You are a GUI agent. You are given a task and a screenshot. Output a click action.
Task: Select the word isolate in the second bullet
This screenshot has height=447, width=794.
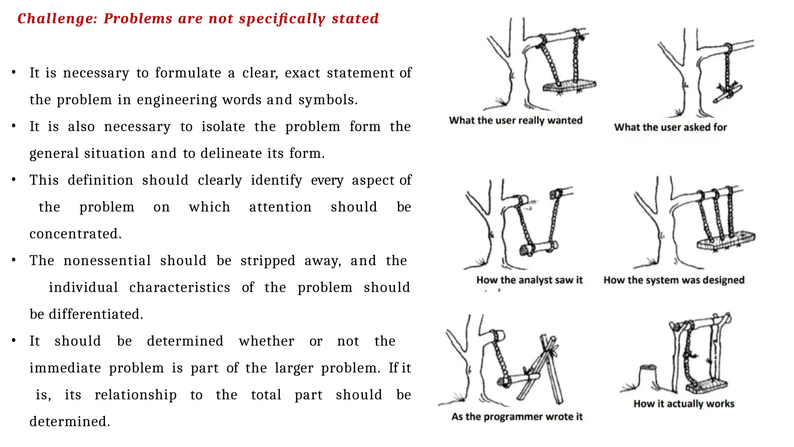pos(223,126)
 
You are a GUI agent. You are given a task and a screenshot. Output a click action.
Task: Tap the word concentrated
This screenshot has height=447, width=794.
pos(76,234)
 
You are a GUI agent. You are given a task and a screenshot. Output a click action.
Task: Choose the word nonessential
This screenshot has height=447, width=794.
pos(107,260)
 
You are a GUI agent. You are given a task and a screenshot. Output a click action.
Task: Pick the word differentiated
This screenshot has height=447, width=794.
pos(96,314)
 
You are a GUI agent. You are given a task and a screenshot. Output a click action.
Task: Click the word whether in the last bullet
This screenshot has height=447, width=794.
pos(266,341)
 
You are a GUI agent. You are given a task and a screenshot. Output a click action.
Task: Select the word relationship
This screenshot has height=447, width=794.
pos(136,395)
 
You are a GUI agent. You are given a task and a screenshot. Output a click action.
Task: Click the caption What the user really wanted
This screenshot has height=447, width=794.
pos(516,120)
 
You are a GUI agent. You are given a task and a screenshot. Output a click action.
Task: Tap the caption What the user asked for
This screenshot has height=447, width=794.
pos(670,127)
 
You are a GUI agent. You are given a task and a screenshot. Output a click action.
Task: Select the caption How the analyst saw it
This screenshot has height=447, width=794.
pos(529,280)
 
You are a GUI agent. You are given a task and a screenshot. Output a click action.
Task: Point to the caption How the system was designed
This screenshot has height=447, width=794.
pos(674,280)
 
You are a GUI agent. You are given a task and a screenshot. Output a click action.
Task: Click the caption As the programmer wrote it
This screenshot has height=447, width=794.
pos(517,417)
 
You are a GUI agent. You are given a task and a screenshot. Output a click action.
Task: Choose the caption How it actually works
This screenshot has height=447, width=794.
pos(684,404)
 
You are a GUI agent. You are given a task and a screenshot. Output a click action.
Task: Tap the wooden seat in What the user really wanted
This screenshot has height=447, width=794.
pos(569,85)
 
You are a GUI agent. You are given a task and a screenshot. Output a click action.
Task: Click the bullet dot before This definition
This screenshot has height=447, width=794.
pos(14,180)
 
